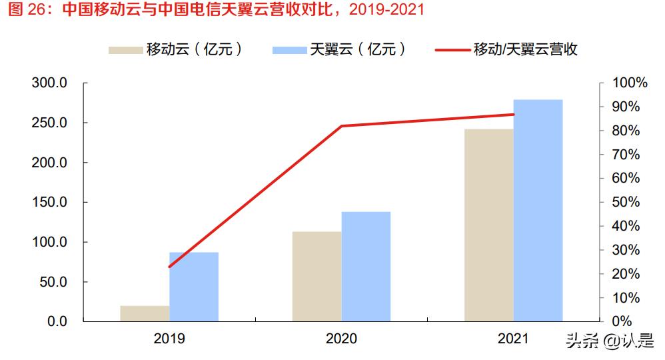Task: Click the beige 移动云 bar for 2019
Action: tap(145, 313)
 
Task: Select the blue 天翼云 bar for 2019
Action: tap(194, 287)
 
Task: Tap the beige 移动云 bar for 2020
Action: tap(317, 276)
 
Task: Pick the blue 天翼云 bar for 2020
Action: tap(366, 267)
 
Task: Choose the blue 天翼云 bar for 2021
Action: tap(538, 210)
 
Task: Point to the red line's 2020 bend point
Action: tap(341, 126)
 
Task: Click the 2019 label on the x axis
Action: tap(169, 339)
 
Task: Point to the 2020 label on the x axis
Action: tap(341, 339)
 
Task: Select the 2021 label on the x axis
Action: tap(513, 339)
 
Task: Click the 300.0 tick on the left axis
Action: tap(49, 83)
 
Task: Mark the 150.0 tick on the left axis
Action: tap(49, 202)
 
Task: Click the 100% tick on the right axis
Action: tap(630, 83)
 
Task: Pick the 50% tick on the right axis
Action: tap(627, 202)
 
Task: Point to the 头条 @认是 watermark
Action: tap(610, 341)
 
